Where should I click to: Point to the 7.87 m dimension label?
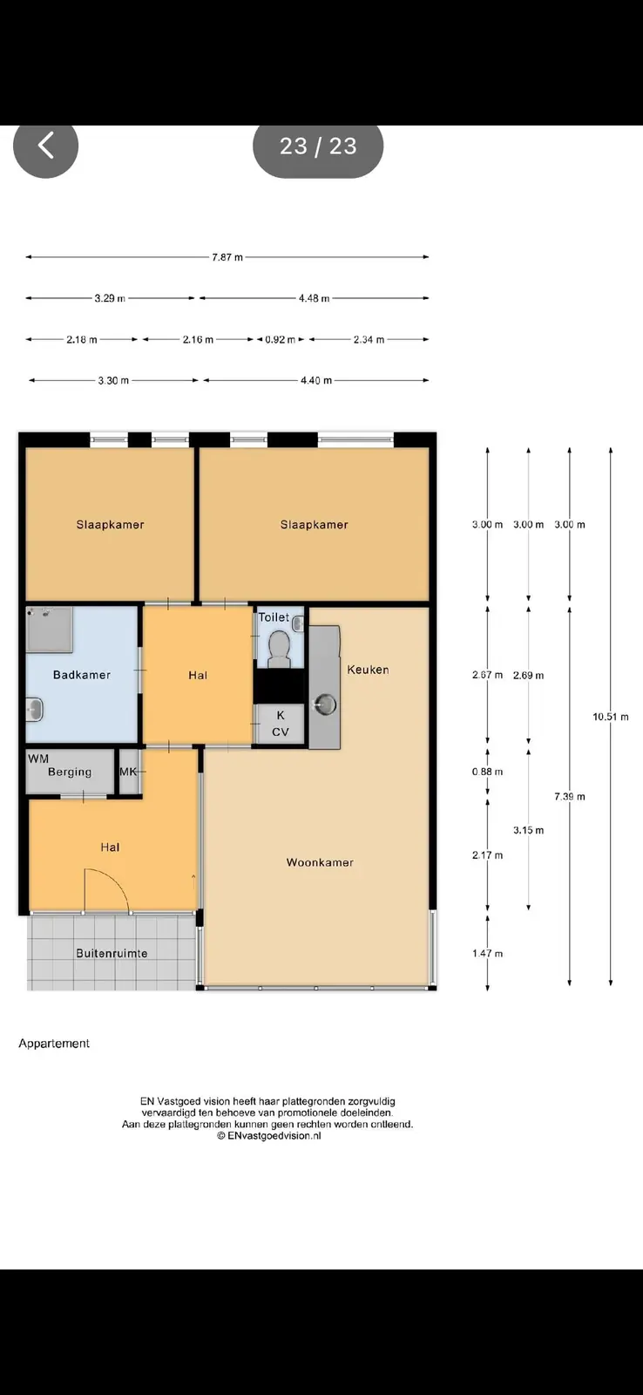pyautogui.click(x=227, y=257)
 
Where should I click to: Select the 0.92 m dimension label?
pyautogui.click(x=280, y=339)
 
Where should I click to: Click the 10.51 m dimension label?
pyautogui.click(x=610, y=717)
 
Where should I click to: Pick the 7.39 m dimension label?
pyautogui.click(x=570, y=797)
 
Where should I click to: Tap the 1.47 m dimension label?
pyautogui.click(x=487, y=954)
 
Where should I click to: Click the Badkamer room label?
pyautogui.click(x=82, y=675)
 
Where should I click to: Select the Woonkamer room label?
pyautogui.click(x=320, y=862)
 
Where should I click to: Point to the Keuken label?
pyautogui.click(x=368, y=670)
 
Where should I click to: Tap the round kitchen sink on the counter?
pyautogui.click(x=326, y=705)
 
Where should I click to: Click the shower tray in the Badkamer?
pyautogui.click(x=49, y=629)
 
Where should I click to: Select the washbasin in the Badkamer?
pyautogui.click(x=34, y=710)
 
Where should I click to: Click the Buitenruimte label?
pyautogui.click(x=112, y=954)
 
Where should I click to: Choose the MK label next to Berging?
pyautogui.click(x=127, y=772)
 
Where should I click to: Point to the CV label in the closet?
pyautogui.click(x=280, y=732)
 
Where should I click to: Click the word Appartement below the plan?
pyautogui.click(x=54, y=1043)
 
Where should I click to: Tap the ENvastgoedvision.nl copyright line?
pyautogui.click(x=269, y=1135)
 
